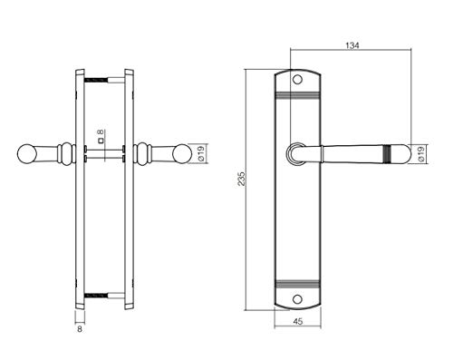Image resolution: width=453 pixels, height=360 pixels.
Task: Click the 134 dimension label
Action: [352, 45]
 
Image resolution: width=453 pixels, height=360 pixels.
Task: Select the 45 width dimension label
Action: [298, 322]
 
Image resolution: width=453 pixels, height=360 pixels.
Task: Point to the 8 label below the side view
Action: [80, 329]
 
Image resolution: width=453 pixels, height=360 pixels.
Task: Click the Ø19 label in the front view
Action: [421, 153]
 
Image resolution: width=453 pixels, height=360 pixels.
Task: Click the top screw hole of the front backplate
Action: [298, 80]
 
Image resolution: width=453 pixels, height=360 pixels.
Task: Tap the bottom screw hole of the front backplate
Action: [298, 299]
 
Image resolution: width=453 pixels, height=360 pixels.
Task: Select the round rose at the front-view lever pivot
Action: [294, 154]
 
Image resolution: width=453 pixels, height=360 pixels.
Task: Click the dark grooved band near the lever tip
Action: [388, 153]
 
